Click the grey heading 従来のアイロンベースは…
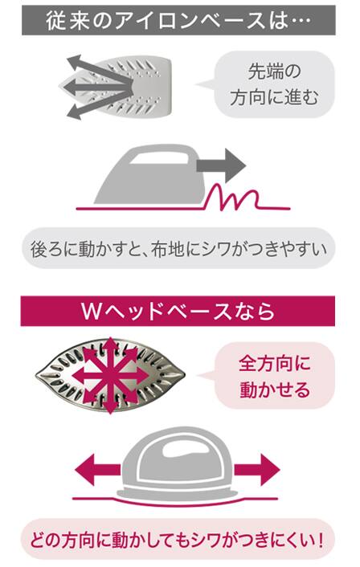click(x=178, y=20)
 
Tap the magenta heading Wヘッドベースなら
click(x=178, y=311)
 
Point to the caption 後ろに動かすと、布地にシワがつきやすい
click(x=178, y=248)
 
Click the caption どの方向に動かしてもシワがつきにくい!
click(x=178, y=540)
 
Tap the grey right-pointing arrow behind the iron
click(x=221, y=165)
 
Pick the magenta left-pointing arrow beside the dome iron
click(x=98, y=470)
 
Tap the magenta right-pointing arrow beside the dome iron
click(x=257, y=470)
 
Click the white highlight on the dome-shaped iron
click(x=186, y=450)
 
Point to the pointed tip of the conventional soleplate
click(x=60, y=88)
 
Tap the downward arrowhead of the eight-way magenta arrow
click(x=110, y=408)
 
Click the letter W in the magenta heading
click(x=91, y=312)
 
